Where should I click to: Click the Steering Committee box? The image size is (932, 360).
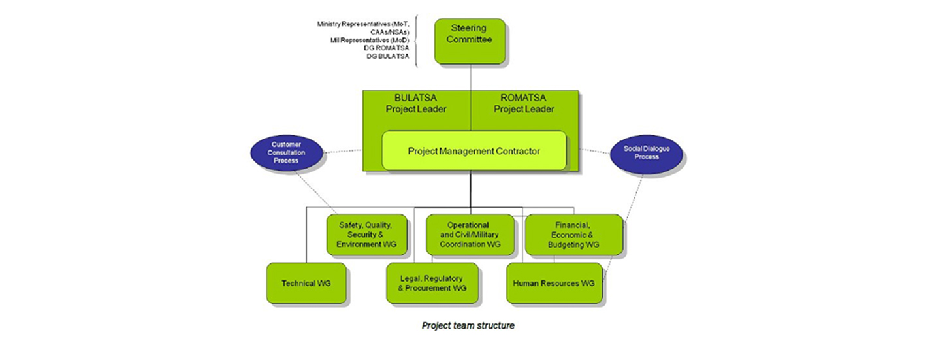coord(469,41)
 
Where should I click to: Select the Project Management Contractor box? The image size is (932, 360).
coord(474,151)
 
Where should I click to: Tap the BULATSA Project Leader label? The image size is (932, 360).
coord(416,103)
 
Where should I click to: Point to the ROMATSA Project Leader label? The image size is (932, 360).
coord(524,103)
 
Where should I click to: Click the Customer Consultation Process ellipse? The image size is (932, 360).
coord(285,152)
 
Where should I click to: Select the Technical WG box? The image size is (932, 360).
coord(306,284)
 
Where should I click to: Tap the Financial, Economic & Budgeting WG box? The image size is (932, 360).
coord(573,235)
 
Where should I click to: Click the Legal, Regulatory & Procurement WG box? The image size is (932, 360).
coord(432,284)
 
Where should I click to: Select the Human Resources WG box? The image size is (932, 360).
coord(553,284)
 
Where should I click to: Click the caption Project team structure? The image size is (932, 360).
coord(468,325)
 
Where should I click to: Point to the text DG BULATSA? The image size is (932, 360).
coord(387,56)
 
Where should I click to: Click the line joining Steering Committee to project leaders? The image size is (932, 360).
coord(470,77)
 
